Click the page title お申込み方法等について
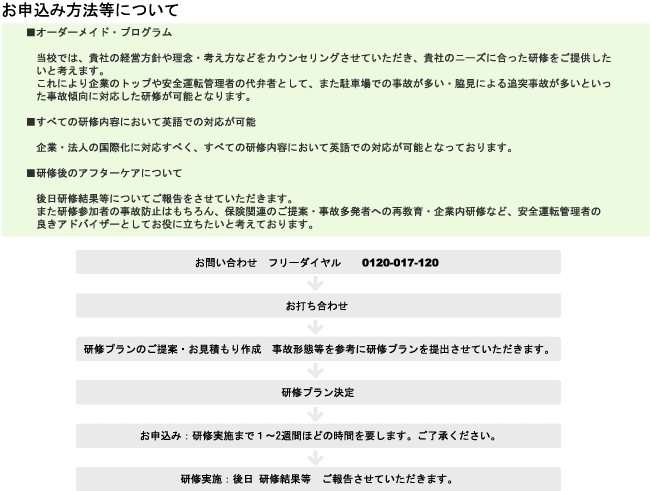pos(90,10)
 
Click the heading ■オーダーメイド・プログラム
pos(99,32)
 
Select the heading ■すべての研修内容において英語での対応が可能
pos(141,122)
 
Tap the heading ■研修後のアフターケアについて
pos(104,173)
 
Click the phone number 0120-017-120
pos(400,263)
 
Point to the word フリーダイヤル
pos(304,263)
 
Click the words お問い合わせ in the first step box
pos(226,263)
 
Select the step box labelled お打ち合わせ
pos(318,306)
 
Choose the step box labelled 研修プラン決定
pos(318,392)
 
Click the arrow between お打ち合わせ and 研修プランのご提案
pos(315,327)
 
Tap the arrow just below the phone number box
pos(315,284)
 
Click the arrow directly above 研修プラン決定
pos(315,371)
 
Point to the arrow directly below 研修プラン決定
pos(315,414)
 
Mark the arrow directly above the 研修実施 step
pos(315,458)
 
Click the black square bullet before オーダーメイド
pos(31,32)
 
